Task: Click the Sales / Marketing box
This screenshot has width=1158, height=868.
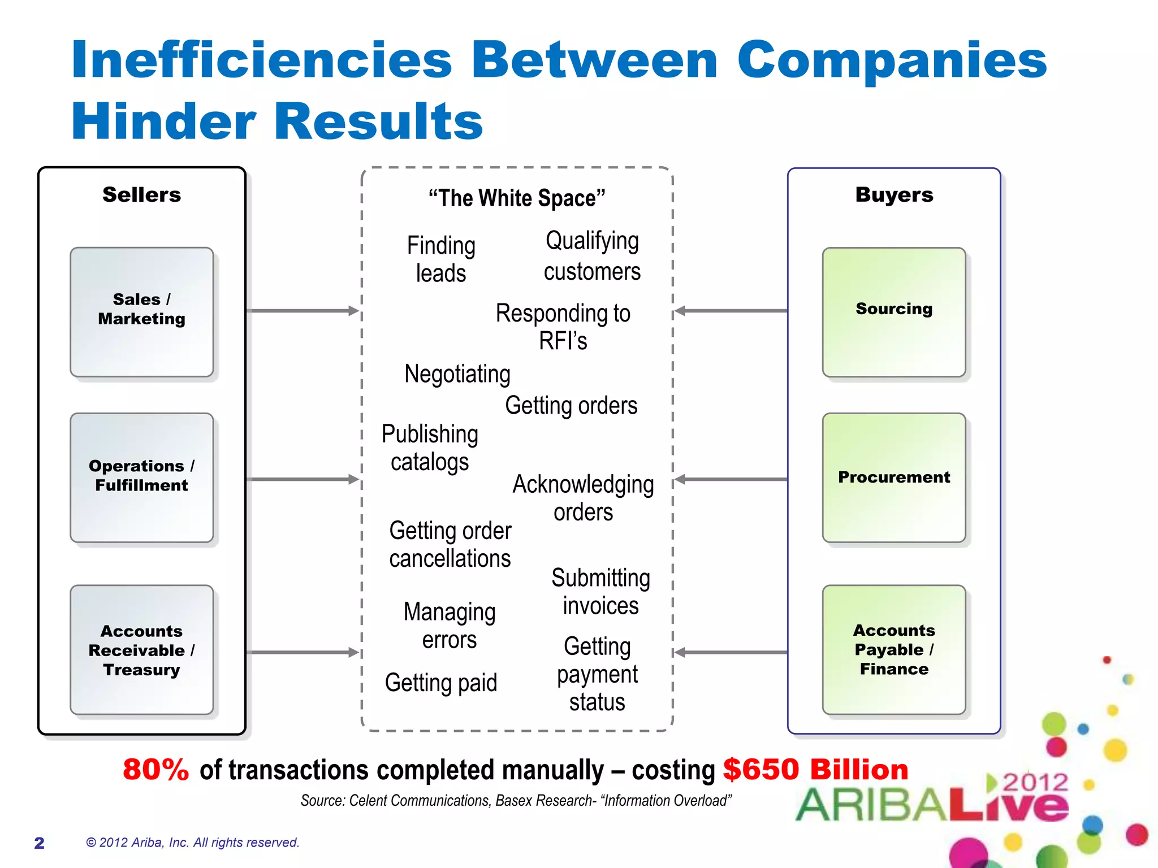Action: [x=141, y=312]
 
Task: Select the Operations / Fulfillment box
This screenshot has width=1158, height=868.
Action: [x=141, y=478]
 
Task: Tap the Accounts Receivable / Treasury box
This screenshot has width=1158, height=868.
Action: [x=141, y=650]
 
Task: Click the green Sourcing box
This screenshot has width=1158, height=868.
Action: [x=893, y=312]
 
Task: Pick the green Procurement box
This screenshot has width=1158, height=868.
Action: [x=893, y=478]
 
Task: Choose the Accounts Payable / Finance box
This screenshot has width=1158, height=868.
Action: [x=893, y=650]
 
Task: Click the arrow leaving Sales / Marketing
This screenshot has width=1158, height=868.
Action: [x=303, y=311]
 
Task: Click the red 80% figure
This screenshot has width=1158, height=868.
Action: [x=156, y=770]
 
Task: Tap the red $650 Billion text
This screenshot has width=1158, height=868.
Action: [x=815, y=770]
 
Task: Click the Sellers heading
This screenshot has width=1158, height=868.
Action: [x=141, y=195]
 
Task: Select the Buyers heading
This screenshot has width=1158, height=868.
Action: [x=894, y=195]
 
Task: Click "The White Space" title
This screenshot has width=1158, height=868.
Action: [x=516, y=198]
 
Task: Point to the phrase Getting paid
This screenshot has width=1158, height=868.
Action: [x=441, y=683]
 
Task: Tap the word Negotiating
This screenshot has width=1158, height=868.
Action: [x=457, y=374]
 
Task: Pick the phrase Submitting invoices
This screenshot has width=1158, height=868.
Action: [x=600, y=592]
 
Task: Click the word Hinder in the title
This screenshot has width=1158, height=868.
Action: [x=164, y=121]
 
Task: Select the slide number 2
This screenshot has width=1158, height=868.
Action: [x=39, y=843]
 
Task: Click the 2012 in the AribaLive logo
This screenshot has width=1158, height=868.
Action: [x=1035, y=783]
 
